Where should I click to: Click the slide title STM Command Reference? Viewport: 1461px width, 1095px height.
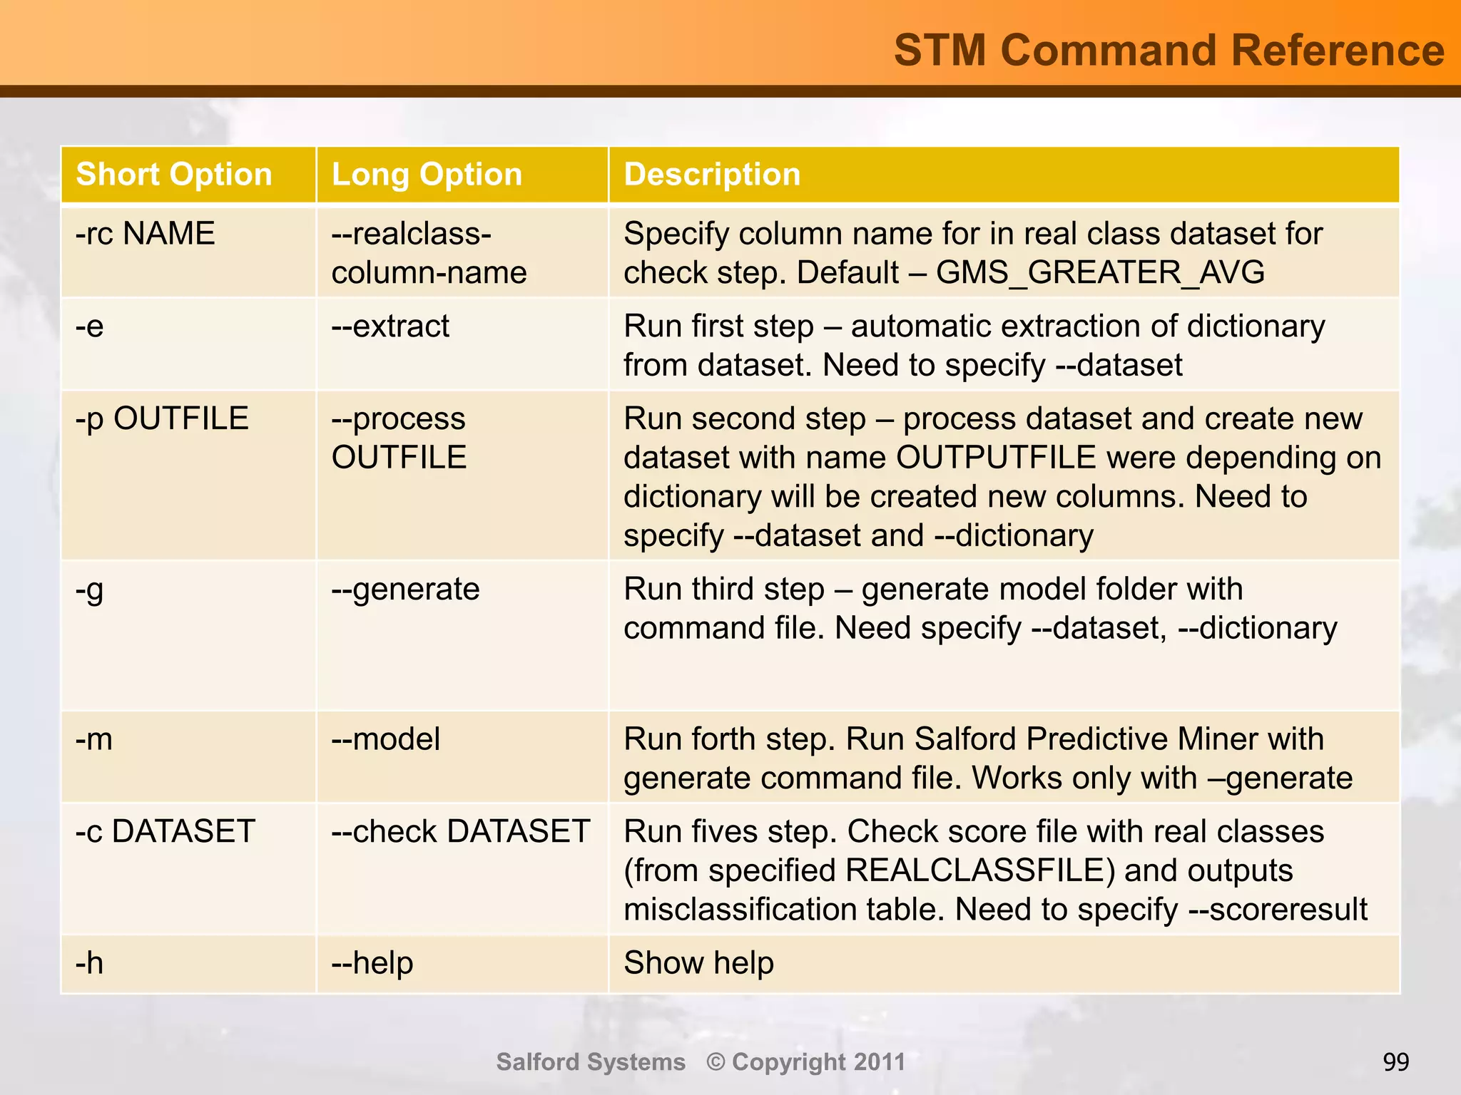pos(1169,51)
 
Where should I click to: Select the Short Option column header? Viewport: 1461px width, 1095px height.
pos(174,175)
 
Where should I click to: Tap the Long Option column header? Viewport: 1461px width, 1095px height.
pos(427,175)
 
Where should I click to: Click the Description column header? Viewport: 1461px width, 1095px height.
pos(712,175)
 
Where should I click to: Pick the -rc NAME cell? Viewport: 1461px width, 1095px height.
pos(145,234)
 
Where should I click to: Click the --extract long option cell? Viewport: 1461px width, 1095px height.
pos(390,327)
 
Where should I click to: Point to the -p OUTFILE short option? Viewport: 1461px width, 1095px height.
pos(162,418)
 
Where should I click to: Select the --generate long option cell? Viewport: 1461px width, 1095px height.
pos(405,590)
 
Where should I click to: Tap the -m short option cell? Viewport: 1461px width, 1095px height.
pos(94,739)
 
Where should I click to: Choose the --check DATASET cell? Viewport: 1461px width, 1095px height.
pos(460,832)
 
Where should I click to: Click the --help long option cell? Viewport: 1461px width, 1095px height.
pos(372,963)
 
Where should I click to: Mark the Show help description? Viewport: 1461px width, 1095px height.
pos(698,963)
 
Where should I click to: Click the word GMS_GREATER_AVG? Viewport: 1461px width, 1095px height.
pos(1100,273)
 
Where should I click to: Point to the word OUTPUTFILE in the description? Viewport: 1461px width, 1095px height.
pos(996,458)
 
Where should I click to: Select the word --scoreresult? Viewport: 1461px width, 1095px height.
pos(1278,910)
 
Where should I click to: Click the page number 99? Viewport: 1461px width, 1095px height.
pos(1395,1062)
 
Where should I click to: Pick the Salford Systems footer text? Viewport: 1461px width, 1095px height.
pos(591,1062)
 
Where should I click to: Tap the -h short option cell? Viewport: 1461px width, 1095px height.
pos(90,963)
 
